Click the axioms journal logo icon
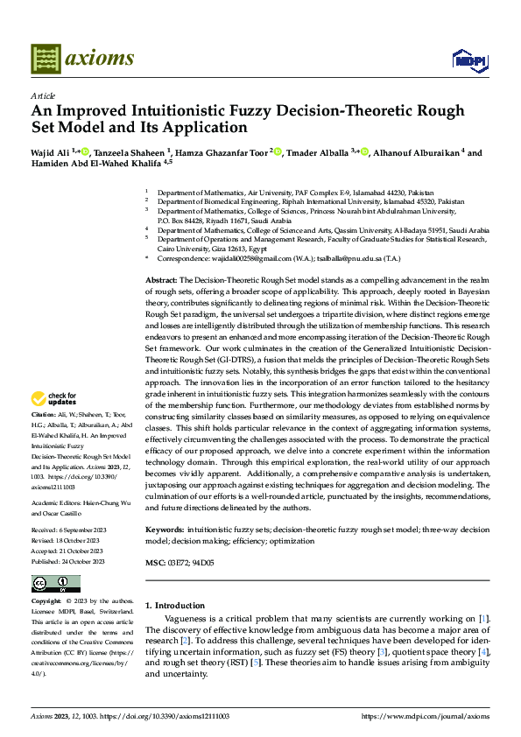[x=46, y=58]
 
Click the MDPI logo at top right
[x=468, y=60]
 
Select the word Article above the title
[x=43, y=95]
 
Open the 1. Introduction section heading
[x=175, y=606]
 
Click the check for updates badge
[x=55, y=399]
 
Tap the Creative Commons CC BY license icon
[x=55, y=584]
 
